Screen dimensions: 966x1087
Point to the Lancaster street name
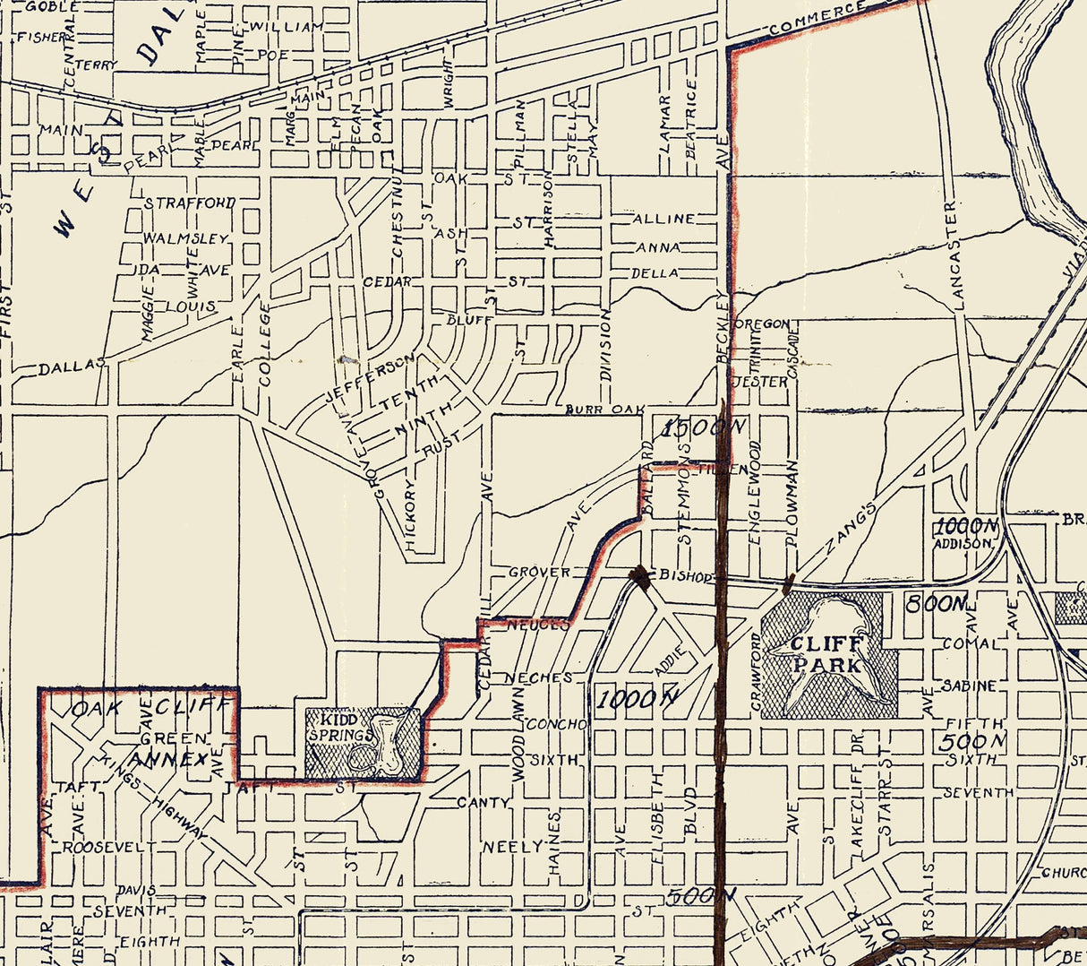(955, 255)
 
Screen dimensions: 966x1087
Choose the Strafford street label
(190, 203)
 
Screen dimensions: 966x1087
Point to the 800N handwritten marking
(937, 604)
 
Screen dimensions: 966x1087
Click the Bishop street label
(685, 575)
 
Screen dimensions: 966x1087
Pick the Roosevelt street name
(115, 846)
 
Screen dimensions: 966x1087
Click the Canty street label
(483, 802)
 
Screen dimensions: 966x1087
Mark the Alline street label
(663, 219)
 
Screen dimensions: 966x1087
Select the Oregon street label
(762, 323)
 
